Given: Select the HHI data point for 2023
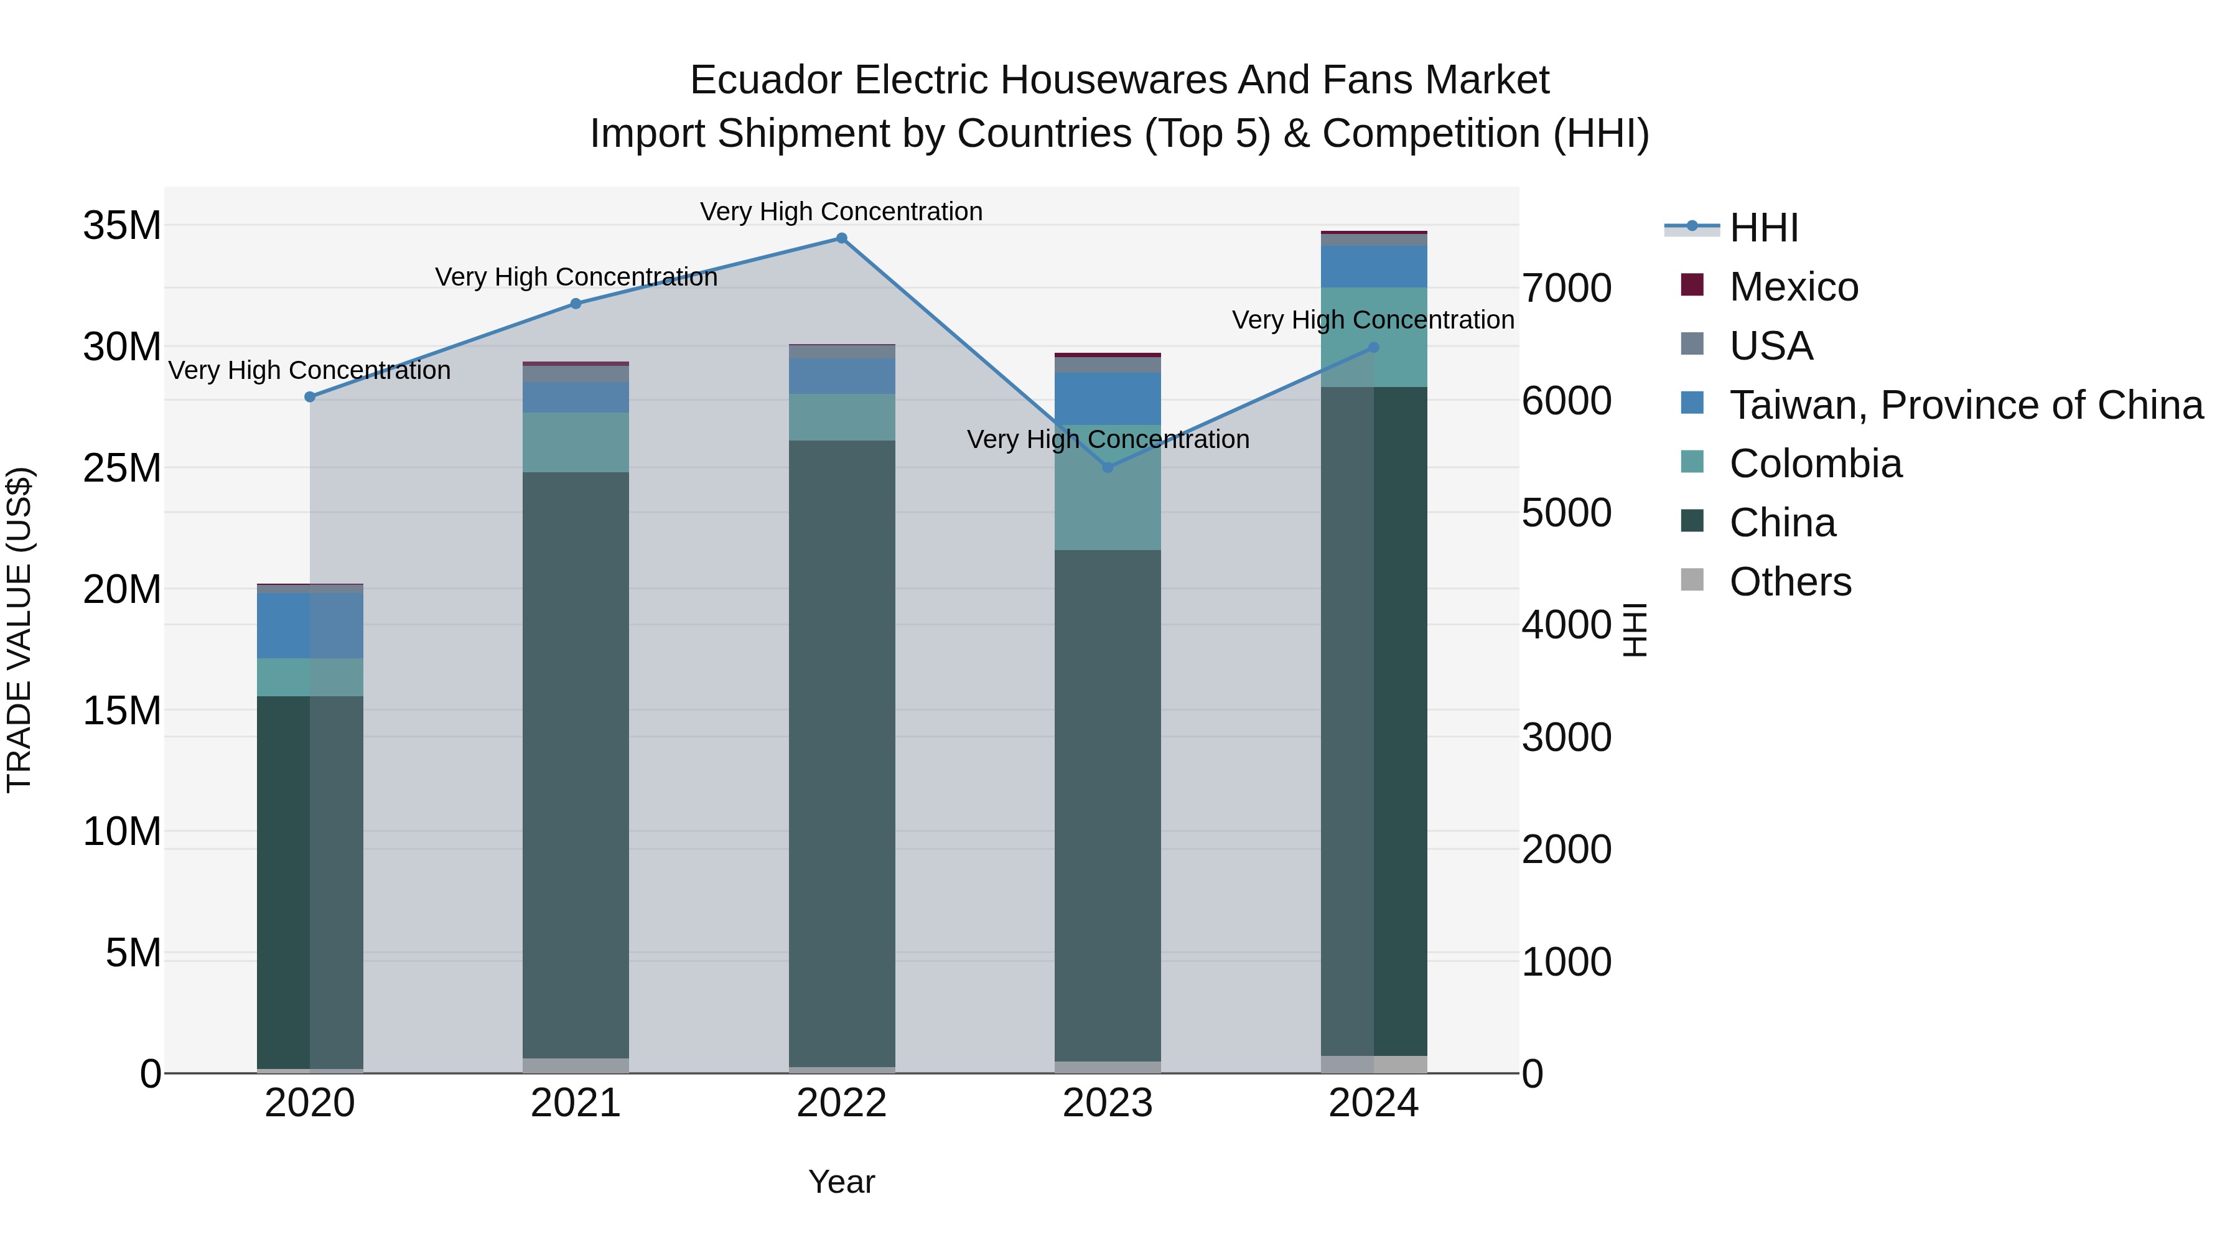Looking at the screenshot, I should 1107,468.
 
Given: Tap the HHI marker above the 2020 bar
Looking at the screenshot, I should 310,396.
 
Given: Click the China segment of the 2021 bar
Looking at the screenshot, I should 575,765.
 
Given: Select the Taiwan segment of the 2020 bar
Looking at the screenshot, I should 310,625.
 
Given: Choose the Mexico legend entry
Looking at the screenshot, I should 1793,287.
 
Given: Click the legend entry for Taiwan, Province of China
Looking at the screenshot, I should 1965,405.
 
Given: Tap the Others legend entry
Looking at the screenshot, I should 1790,582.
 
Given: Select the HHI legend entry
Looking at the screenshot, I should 1763,228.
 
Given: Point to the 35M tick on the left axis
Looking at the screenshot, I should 122,226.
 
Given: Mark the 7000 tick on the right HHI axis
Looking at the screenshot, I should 1566,289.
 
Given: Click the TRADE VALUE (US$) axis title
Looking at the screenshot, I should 19,630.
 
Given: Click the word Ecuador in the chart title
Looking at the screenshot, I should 765,80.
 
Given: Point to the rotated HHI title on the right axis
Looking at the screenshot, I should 1635,630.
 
